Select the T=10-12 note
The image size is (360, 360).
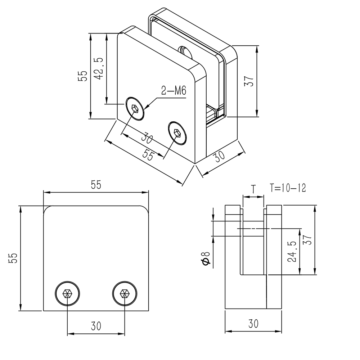click(x=288, y=188)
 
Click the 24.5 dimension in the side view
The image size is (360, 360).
click(x=292, y=252)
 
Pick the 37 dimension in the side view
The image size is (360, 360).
click(x=307, y=238)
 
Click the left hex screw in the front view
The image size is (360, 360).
click(x=68, y=293)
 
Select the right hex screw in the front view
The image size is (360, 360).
click(x=125, y=293)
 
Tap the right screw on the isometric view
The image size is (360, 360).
click(x=177, y=133)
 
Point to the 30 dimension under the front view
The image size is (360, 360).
click(x=96, y=326)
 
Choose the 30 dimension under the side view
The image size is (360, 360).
click(x=253, y=324)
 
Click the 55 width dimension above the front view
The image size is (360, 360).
click(x=95, y=185)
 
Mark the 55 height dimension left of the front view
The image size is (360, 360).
click(x=13, y=258)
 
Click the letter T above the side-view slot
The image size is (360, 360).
click(x=253, y=188)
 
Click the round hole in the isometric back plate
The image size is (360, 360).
click(x=185, y=51)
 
